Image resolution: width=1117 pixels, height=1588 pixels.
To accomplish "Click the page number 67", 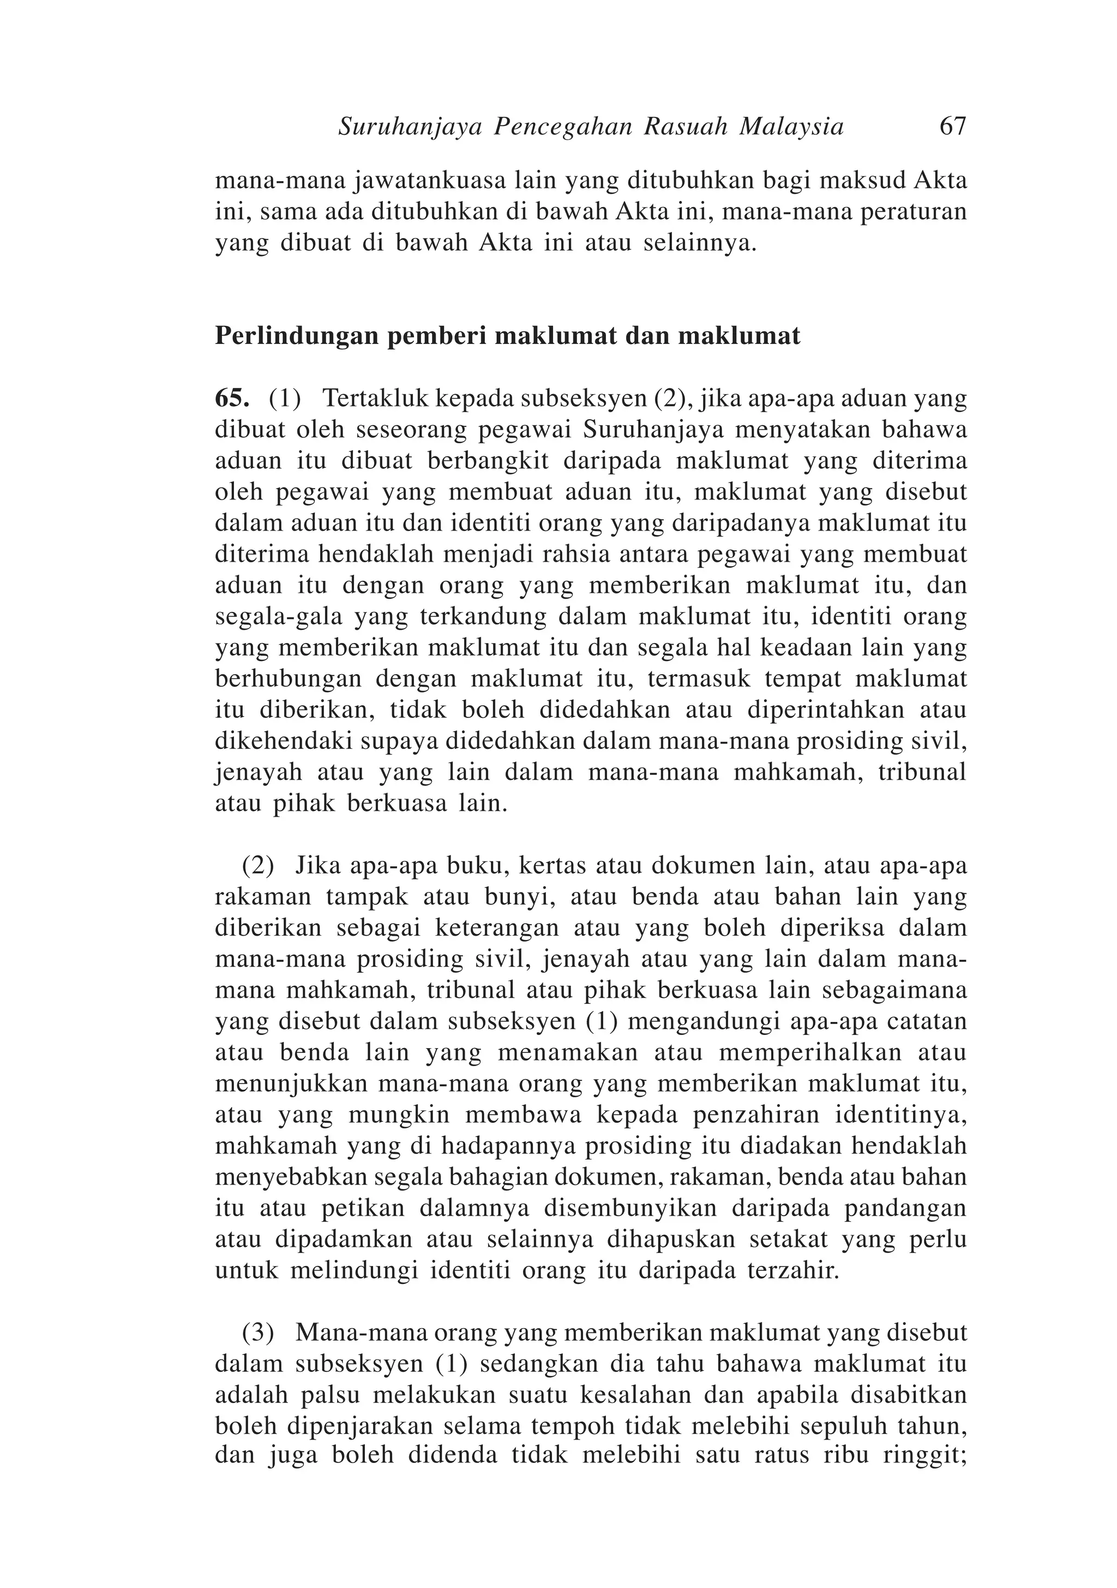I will tap(952, 127).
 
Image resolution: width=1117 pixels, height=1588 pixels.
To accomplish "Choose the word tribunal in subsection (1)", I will tap(921, 772).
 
